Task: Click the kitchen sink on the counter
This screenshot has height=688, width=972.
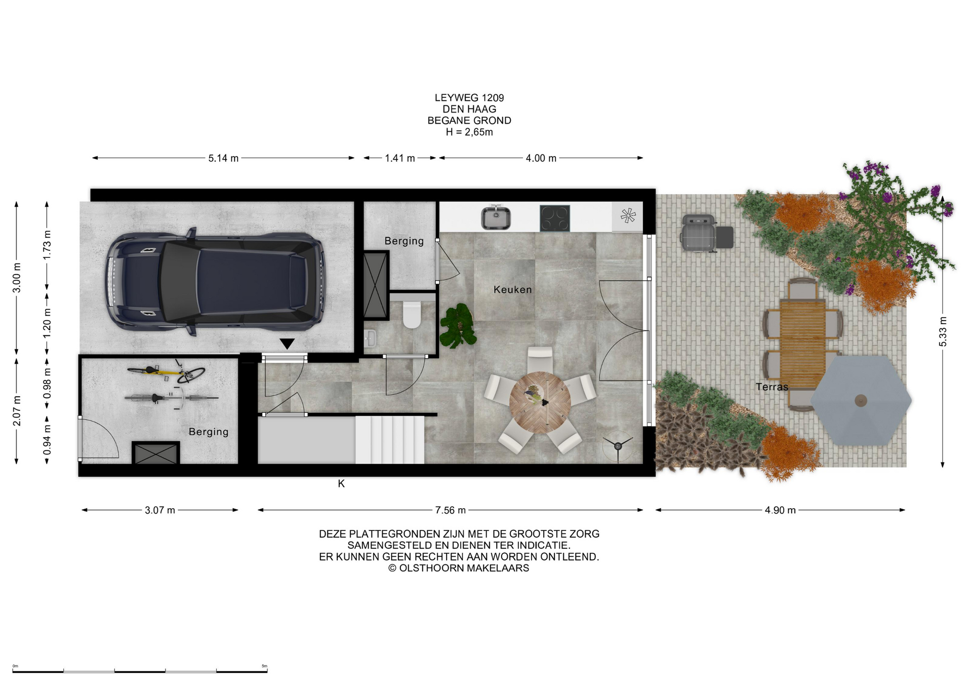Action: pos(496,217)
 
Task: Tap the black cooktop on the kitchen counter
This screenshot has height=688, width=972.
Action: pos(554,218)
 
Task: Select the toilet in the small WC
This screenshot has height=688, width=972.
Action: pos(412,315)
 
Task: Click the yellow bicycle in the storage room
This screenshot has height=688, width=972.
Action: pos(166,372)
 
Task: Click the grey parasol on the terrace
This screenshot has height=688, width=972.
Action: pos(861,400)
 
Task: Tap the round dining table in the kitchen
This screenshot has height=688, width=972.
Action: pos(540,402)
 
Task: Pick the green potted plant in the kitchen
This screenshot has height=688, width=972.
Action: pos(458,326)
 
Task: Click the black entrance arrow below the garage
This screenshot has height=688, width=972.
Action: pos(287,344)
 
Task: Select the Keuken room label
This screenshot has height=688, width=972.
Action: pos(512,290)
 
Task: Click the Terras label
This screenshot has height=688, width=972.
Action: pos(772,387)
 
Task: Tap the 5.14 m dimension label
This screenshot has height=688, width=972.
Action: pos(223,158)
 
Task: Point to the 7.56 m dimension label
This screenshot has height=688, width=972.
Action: pos(450,510)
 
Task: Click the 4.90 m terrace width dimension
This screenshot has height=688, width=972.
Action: pos(780,510)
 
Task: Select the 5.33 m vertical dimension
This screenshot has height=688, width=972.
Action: pos(943,331)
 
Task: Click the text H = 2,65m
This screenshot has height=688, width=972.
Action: pos(469,132)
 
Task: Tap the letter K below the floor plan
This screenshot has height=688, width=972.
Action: pos(341,484)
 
